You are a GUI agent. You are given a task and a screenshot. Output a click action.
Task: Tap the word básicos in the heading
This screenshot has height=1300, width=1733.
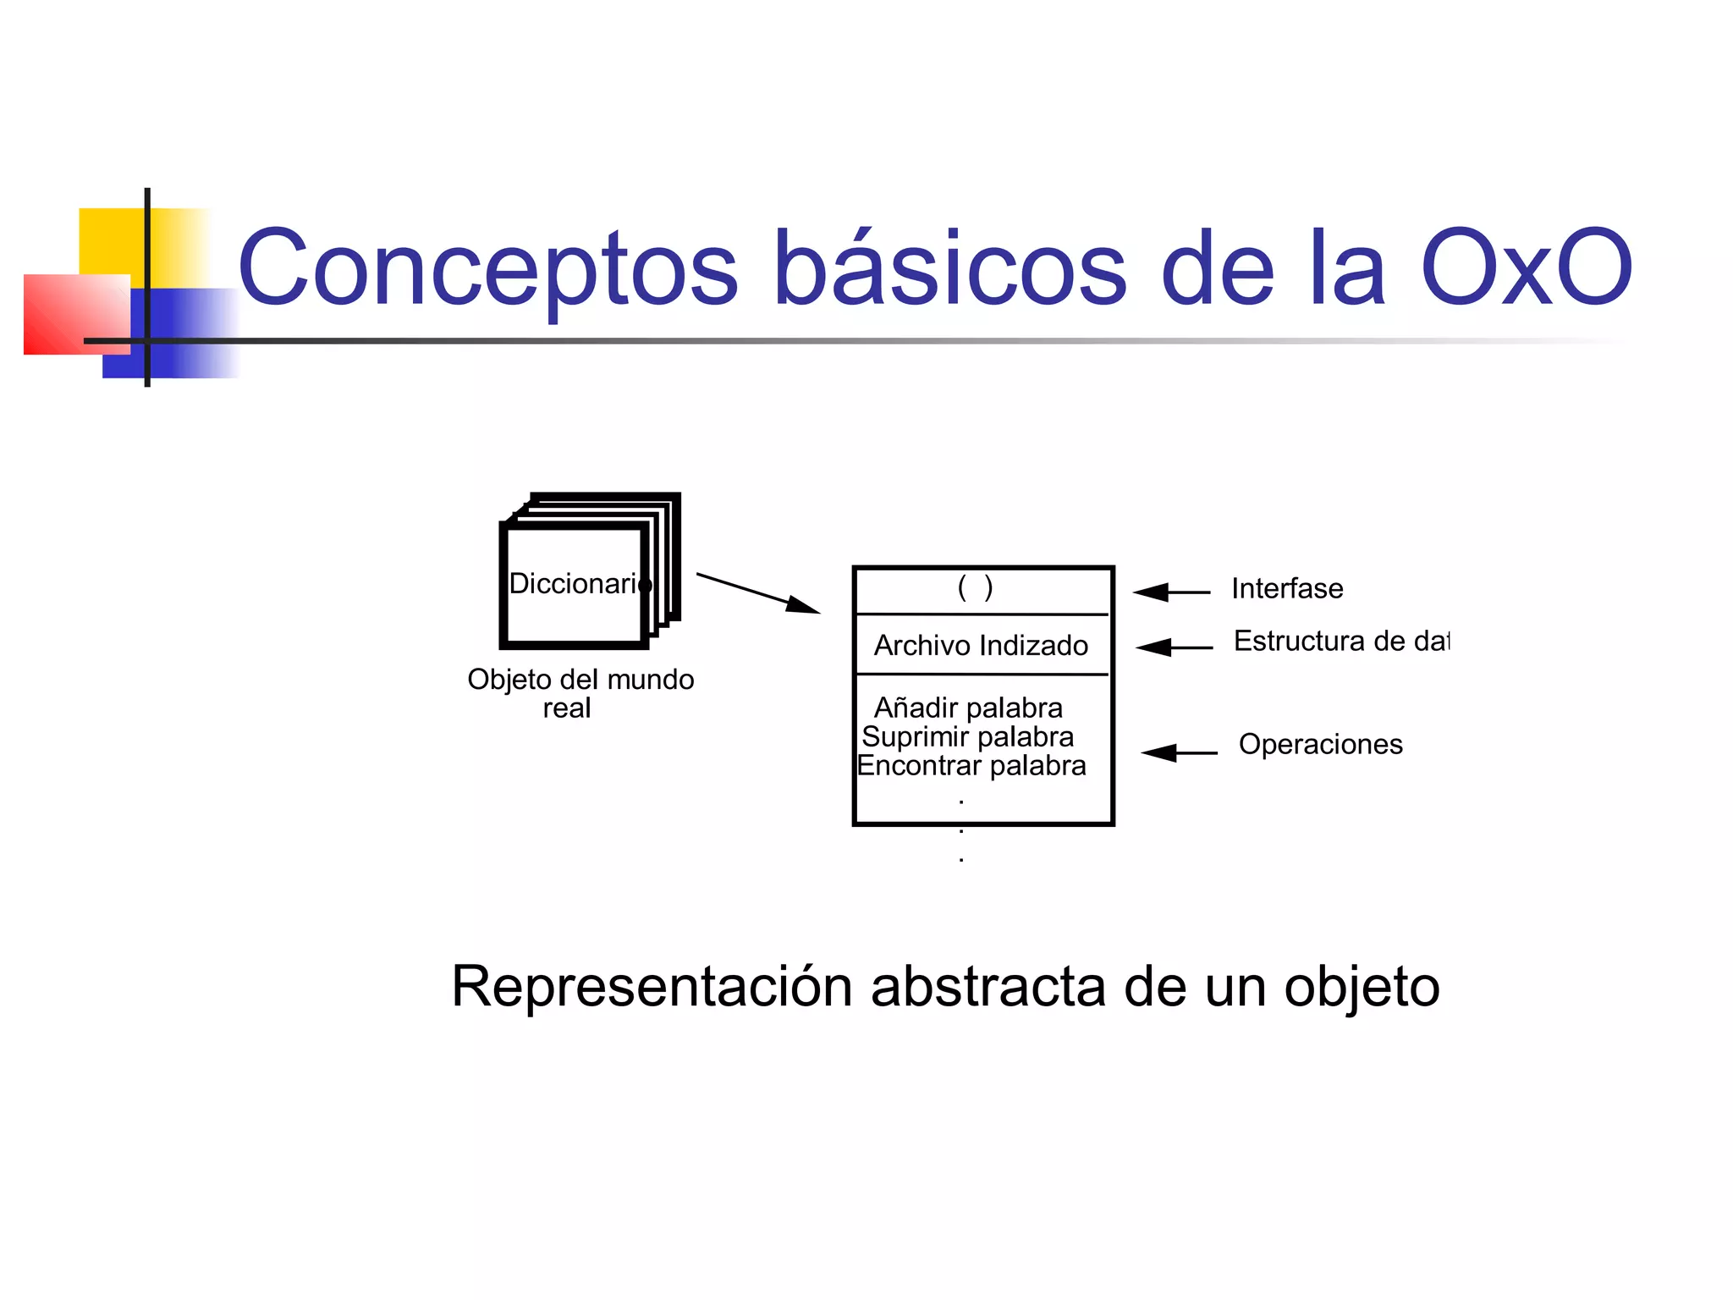click(x=949, y=269)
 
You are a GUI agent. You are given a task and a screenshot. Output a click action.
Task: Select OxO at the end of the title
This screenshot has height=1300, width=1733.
click(x=1526, y=269)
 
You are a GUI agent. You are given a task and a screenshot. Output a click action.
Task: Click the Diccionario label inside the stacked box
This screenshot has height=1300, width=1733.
click(x=579, y=584)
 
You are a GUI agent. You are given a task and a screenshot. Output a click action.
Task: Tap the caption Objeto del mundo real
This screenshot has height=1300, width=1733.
click(x=580, y=693)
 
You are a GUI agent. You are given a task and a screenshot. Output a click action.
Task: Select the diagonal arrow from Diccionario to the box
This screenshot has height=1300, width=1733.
click(x=757, y=592)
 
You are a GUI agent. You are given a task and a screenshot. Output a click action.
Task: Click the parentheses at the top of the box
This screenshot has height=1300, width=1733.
click(x=975, y=587)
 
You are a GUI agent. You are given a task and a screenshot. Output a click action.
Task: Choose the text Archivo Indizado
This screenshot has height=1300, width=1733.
click(x=981, y=646)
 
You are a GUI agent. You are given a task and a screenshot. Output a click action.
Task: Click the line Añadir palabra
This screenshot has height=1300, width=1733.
click(x=968, y=708)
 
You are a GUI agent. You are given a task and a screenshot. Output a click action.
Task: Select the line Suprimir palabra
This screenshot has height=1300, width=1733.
click(x=967, y=737)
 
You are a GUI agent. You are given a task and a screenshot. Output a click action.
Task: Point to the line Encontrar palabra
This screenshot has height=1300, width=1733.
click(x=971, y=766)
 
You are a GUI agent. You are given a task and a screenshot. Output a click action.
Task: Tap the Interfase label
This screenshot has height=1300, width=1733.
click(x=1287, y=589)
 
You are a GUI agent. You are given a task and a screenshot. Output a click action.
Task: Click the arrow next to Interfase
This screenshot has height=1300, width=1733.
click(x=1171, y=592)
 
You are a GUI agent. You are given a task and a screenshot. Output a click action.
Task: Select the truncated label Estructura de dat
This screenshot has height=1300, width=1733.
click(x=1341, y=642)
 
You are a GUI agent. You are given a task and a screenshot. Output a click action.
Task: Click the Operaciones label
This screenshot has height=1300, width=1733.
click(x=1320, y=745)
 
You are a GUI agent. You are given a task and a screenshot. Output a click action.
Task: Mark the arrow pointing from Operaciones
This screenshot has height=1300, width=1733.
click(x=1179, y=752)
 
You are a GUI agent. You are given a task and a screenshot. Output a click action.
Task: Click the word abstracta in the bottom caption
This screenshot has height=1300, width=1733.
click(x=988, y=987)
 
